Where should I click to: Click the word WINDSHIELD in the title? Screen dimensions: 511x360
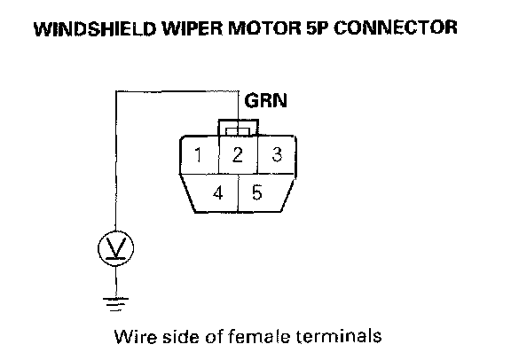(x=96, y=28)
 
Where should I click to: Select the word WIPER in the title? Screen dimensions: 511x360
(x=192, y=28)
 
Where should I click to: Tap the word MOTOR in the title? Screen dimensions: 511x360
(x=264, y=28)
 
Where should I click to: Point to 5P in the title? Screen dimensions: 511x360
(x=318, y=28)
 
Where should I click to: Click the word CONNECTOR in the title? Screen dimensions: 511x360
(x=396, y=27)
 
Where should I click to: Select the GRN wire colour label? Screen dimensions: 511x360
(x=266, y=101)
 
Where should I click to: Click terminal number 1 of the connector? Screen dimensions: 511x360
(x=198, y=155)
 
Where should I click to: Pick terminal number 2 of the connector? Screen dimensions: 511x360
(x=238, y=155)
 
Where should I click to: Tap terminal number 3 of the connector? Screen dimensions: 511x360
(x=277, y=154)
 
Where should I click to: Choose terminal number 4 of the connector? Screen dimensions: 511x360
(x=218, y=192)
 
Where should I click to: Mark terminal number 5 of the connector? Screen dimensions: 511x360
(x=256, y=192)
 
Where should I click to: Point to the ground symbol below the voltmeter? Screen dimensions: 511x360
(x=115, y=304)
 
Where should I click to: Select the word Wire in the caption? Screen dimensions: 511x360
(x=135, y=336)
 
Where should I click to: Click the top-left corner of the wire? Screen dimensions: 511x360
(x=116, y=91)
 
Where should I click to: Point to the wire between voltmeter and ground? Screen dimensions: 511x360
(x=116, y=282)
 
